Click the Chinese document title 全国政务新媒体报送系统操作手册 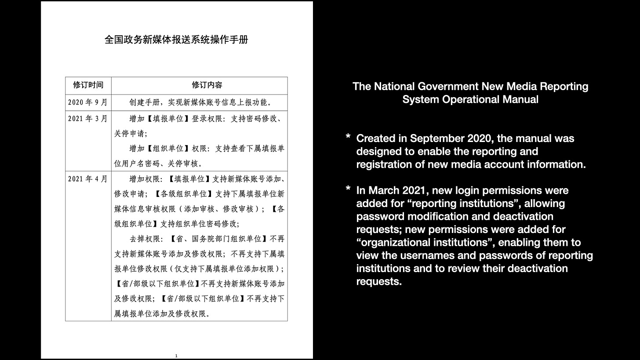click(x=176, y=40)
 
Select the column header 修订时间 click(x=88, y=85)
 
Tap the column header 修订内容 click(x=207, y=85)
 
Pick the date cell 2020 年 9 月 click(x=87, y=102)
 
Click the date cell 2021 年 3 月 click(x=87, y=118)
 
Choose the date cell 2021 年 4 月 click(x=87, y=179)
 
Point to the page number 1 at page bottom click(x=176, y=356)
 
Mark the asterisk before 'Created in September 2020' click(x=348, y=138)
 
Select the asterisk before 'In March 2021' click(x=348, y=190)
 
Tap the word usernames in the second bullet click(x=415, y=255)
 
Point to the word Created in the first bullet click(x=376, y=138)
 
